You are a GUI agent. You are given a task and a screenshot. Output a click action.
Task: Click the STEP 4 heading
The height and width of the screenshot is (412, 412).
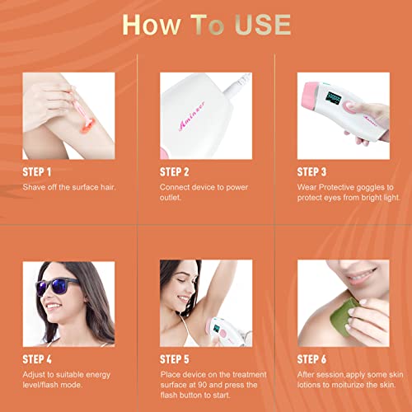pos(37,360)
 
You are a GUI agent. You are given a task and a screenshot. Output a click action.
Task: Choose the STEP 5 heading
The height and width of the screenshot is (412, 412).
pos(175,360)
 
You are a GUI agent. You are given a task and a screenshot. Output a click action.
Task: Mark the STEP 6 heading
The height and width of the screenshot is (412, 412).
pos(312,360)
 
